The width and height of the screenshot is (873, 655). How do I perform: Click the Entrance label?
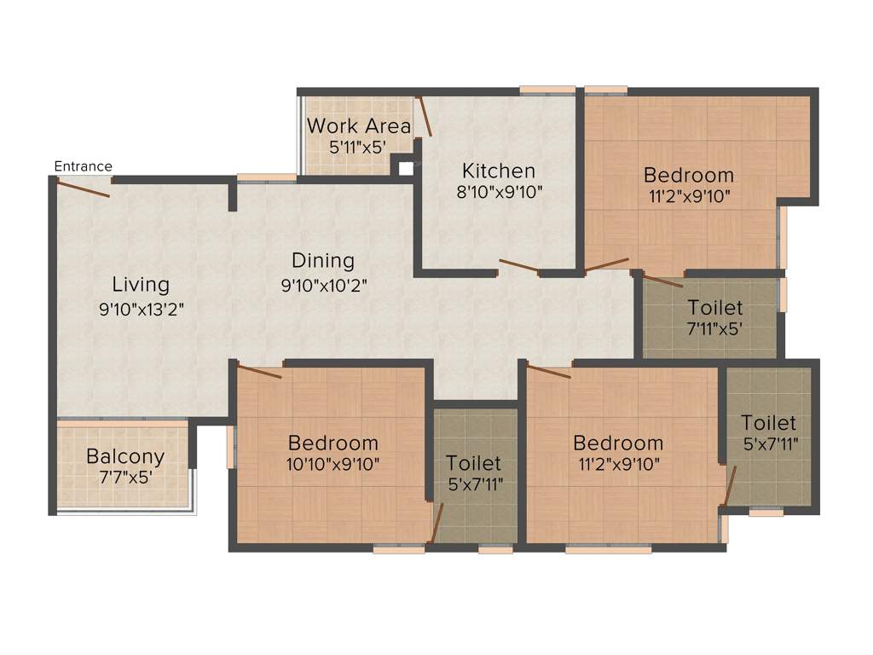coord(83,166)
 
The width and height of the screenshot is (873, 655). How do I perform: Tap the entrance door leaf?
coord(83,188)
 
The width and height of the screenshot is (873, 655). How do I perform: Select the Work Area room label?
coord(359,126)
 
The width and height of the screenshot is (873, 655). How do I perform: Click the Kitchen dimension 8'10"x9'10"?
coord(500,192)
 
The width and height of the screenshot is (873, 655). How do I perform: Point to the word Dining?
coord(323,260)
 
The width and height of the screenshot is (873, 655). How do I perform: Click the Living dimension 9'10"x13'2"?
coord(142,309)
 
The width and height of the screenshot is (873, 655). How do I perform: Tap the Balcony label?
coord(125,456)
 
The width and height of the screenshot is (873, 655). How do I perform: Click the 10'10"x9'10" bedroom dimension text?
coord(333,464)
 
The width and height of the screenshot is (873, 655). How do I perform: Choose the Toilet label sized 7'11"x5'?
coord(715,307)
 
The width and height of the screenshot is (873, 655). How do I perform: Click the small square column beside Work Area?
coord(406,168)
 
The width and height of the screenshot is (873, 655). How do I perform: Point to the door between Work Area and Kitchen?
coord(424,117)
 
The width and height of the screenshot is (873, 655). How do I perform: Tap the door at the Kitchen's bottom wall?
coord(518,266)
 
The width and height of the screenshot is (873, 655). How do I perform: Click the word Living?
coord(141,284)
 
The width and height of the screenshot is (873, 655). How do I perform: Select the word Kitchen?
coord(499,171)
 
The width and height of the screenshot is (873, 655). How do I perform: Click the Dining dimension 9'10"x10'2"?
coord(324,285)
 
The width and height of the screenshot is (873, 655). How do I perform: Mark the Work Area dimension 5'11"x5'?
coord(358,146)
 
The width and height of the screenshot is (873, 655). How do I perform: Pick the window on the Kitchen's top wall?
coord(547,90)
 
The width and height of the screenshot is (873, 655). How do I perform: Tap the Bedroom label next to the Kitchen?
coord(688,175)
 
